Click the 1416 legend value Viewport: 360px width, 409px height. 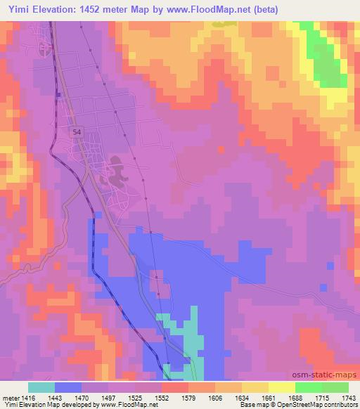27,397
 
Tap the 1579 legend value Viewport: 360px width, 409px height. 188,397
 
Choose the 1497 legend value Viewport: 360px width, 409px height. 108,397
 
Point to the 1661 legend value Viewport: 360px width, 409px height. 268,397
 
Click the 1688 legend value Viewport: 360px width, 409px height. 295,397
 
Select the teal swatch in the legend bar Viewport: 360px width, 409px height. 41,387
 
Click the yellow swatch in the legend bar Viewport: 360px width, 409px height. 281,387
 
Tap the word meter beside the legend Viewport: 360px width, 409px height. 10,397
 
